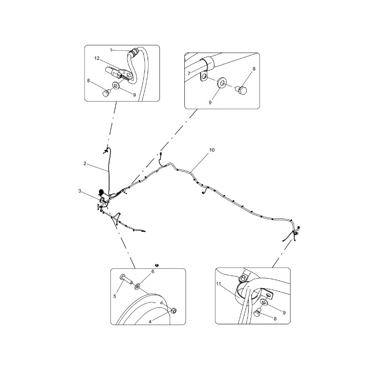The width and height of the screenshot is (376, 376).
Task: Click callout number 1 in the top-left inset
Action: coord(111,50)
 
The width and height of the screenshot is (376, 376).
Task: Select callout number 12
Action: coord(97,58)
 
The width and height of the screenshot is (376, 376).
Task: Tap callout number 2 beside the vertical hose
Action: coord(85,164)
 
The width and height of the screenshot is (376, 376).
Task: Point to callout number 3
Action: coord(80,191)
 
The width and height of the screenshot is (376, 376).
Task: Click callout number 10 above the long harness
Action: coord(212,150)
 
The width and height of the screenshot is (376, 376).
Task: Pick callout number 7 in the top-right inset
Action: coord(189,74)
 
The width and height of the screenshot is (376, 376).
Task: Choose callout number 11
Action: coord(218,284)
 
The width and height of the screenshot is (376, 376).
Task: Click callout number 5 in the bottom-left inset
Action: coord(115,297)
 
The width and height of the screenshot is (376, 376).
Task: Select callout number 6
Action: coord(152,272)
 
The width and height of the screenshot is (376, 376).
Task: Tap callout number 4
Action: coord(150,322)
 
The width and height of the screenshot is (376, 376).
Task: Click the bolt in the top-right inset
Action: coord(242,90)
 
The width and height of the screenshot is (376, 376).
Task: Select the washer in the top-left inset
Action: coord(117,85)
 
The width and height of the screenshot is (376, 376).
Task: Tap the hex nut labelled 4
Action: coord(173,311)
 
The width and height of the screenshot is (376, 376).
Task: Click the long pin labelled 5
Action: coord(126,279)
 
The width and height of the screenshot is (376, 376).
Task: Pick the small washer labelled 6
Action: coord(138,286)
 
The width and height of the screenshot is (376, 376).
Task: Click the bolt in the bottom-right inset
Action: coord(258,312)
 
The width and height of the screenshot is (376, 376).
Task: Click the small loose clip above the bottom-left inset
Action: coord(157,265)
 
